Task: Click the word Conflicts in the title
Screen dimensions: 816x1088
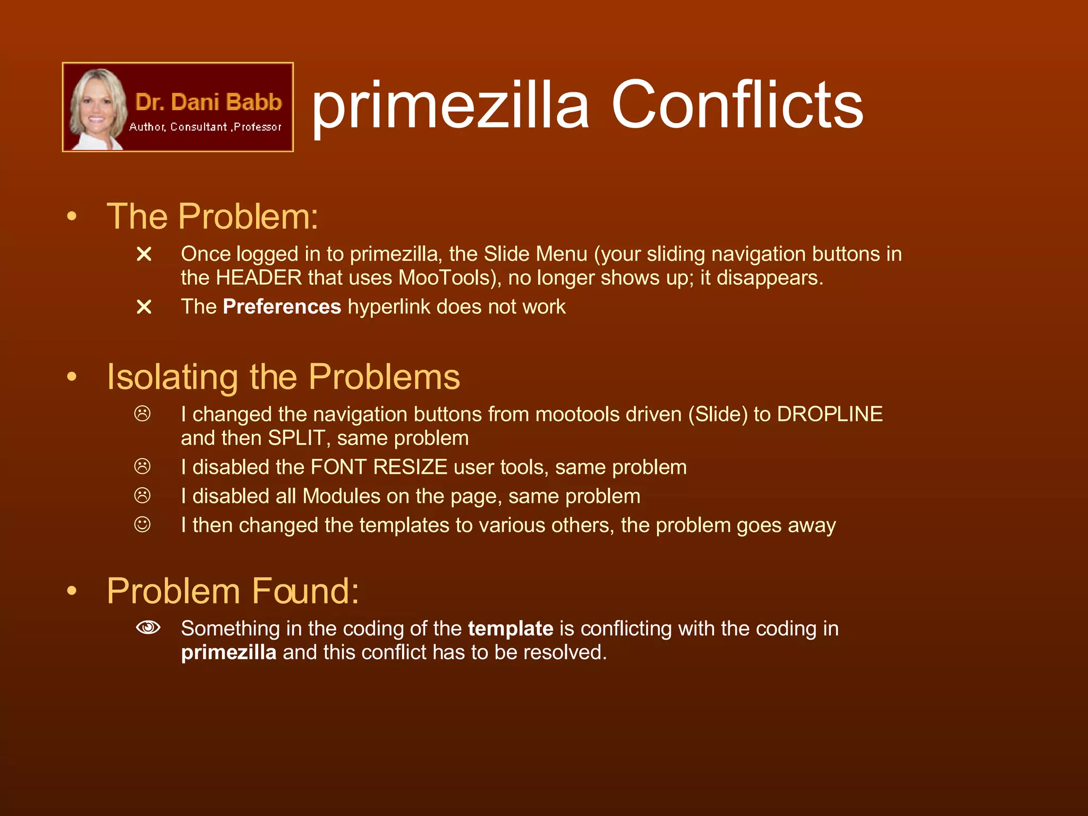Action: (737, 105)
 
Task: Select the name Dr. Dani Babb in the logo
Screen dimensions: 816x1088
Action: (208, 102)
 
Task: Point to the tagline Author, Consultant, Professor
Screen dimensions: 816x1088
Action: (205, 127)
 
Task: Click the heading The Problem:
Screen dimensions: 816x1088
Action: (212, 217)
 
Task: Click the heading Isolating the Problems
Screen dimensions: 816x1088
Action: (283, 377)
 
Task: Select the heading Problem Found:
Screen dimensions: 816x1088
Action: (233, 591)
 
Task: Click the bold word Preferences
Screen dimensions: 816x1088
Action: (282, 307)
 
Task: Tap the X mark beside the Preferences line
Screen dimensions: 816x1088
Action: (144, 307)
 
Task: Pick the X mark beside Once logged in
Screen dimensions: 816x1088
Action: (144, 254)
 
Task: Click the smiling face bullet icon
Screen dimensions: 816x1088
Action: (142, 525)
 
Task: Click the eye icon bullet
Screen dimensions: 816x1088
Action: (148, 627)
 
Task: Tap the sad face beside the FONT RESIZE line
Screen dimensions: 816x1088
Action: (142, 466)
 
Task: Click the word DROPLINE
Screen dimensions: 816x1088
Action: (830, 414)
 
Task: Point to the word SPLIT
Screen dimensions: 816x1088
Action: (296, 438)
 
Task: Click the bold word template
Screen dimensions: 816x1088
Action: (511, 629)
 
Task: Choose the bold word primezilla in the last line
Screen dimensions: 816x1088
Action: (228, 652)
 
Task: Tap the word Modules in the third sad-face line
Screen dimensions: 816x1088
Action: (342, 496)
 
